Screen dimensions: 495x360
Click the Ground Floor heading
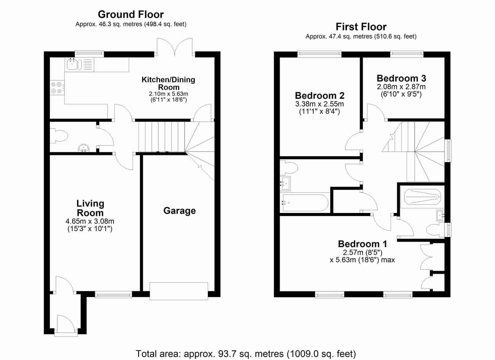(131, 15)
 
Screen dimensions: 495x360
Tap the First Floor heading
(361, 27)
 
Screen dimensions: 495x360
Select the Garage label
(179, 211)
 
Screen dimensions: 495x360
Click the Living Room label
(90, 208)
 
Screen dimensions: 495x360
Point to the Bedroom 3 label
(401, 78)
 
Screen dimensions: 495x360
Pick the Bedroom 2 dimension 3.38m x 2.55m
(320, 104)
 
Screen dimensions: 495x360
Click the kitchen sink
(74, 64)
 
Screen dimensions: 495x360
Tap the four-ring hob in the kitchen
(57, 88)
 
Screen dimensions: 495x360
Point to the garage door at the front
(179, 291)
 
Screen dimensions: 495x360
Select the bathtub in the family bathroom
(304, 202)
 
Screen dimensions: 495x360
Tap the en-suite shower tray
(422, 197)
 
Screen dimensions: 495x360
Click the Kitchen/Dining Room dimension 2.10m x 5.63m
(168, 94)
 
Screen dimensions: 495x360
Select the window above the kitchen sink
(89, 54)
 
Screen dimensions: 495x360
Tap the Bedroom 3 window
(407, 54)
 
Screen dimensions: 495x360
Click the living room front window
(113, 294)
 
